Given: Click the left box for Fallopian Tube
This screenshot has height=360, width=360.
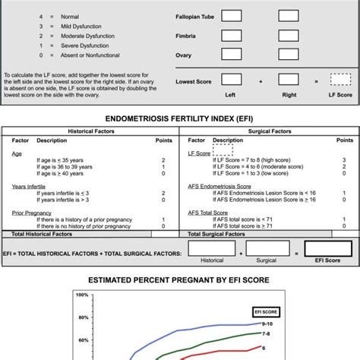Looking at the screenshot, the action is coord(232,15).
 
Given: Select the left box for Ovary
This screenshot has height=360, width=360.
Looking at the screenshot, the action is coord(232,54).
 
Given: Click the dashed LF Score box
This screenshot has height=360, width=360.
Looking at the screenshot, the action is coord(340,79).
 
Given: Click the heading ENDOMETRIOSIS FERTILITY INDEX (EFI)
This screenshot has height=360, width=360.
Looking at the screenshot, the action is coord(179,118).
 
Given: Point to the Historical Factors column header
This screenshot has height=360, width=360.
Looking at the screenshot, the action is coord(91,131).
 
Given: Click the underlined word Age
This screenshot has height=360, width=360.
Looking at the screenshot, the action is coord(17,153).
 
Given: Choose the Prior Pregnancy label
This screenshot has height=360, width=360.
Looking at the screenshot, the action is coord(31,213).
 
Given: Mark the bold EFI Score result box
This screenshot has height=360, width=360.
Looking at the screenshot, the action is coord(327,248).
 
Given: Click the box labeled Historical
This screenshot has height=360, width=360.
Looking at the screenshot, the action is coord(212,248).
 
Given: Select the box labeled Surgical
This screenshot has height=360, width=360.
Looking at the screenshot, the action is coord(267,248).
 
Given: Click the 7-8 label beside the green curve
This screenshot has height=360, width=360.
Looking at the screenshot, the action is coord(266,333).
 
